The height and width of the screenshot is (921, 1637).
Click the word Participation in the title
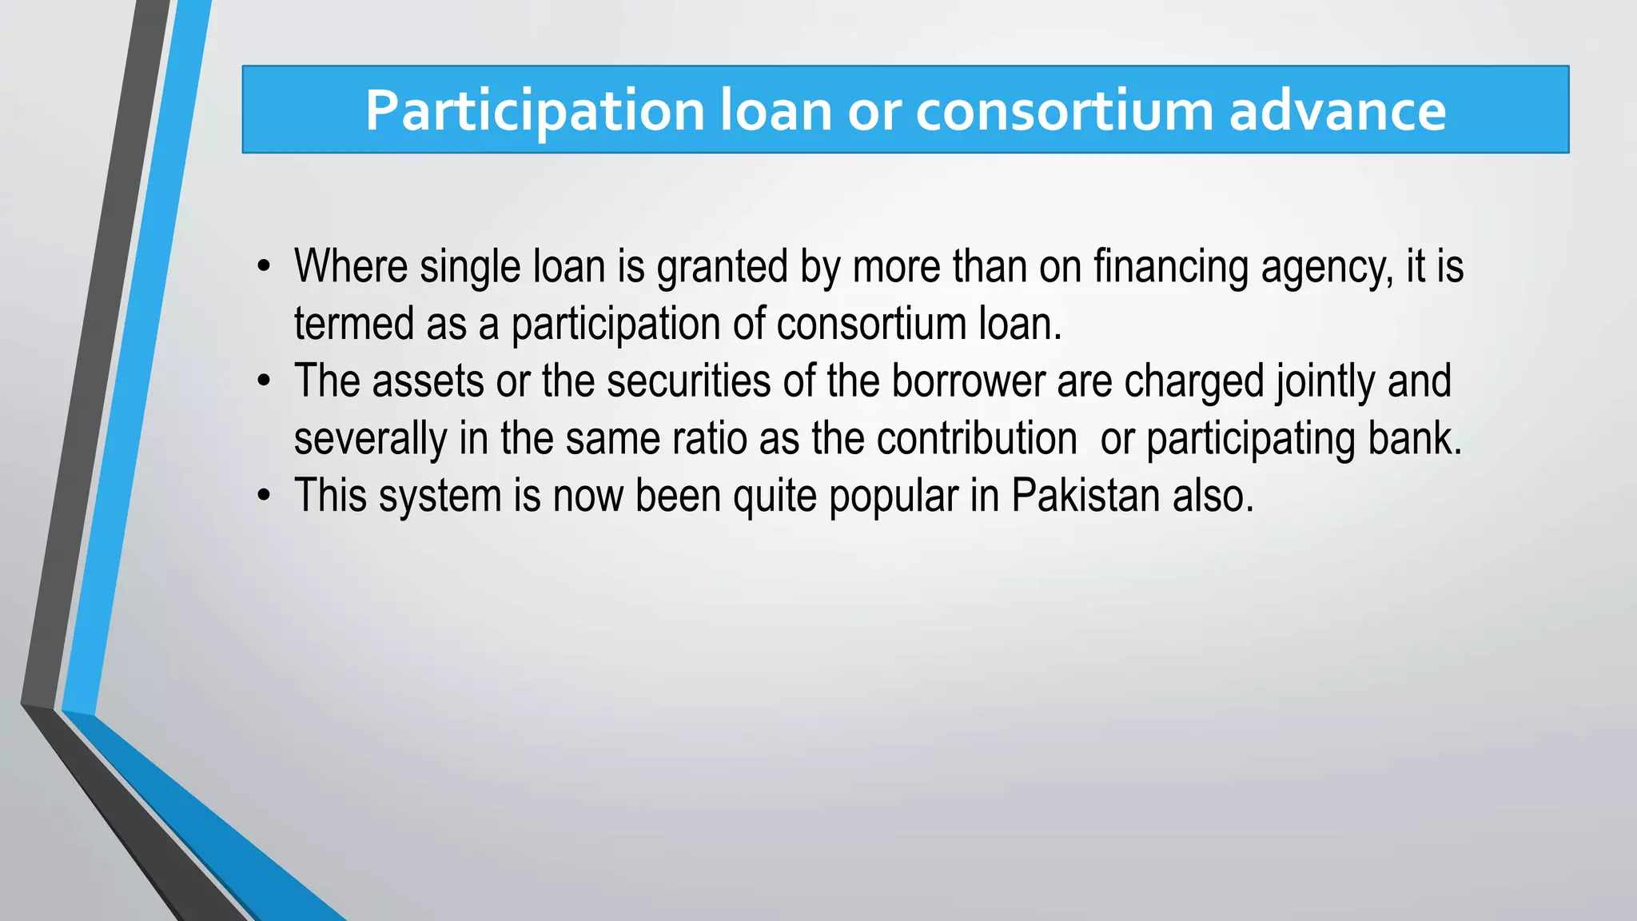534,111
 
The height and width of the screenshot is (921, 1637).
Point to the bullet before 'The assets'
264,381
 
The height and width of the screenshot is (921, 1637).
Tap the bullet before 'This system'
264,496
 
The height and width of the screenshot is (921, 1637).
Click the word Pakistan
1085,496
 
